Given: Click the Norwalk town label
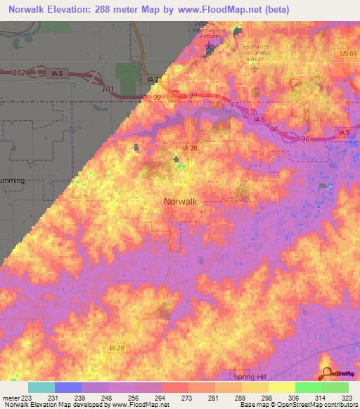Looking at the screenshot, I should tap(180, 201).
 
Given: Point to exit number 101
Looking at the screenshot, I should tap(108, 89).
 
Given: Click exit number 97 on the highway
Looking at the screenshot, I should tap(233, 104).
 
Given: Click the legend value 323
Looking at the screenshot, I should tap(347, 398).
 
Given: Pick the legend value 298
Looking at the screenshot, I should tap(267, 398).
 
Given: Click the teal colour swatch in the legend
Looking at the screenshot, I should tap(41, 387).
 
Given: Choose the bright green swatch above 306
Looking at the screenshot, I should tap(308, 387).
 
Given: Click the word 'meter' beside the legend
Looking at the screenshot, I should tap(9, 398).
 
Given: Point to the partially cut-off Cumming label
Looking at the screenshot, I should tap(13, 181).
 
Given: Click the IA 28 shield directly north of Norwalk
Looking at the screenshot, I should tap(189, 148).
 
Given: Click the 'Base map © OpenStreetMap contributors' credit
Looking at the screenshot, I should tap(297, 405).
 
